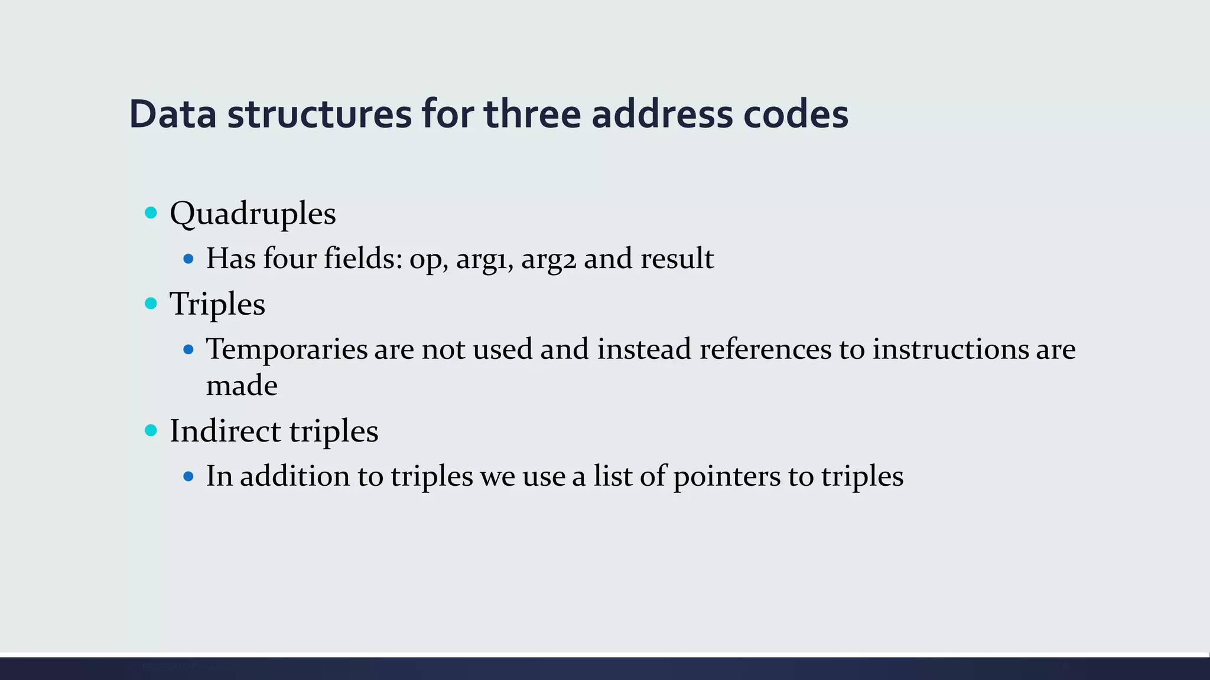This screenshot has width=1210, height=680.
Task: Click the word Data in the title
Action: [x=173, y=115]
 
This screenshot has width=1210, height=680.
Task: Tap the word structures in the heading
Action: [x=319, y=115]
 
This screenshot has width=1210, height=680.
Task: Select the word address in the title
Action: [x=662, y=115]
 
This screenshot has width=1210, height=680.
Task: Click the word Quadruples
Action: [x=253, y=214]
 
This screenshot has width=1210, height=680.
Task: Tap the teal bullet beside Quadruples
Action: [x=151, y=212]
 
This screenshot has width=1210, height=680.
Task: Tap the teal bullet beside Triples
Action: [x=151, y=303]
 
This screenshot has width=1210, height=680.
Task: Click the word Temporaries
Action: [x=287, y=349]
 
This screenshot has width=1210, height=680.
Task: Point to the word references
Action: [x=766, y=349]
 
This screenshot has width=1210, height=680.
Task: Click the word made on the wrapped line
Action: [x=242, y=386]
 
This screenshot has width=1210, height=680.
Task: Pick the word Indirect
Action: [x=225, y=431]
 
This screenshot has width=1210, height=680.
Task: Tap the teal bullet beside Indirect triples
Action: [x=151, y=430]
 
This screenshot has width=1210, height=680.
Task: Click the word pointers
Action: [x=727, y=477]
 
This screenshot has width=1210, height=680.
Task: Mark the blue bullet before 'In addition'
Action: [x=188, y=476]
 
